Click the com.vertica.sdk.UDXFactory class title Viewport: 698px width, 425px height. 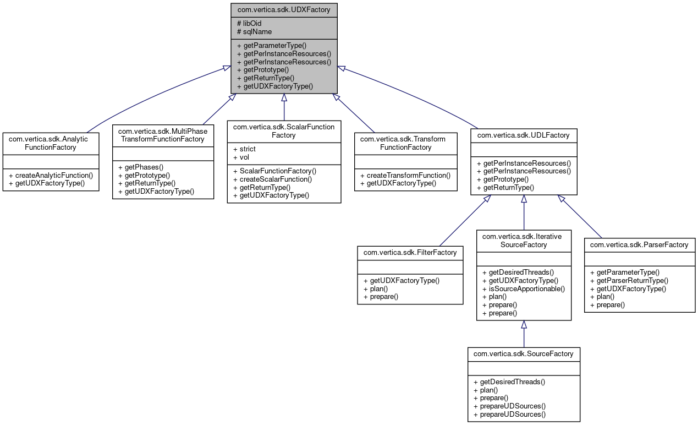(x=284, y=10)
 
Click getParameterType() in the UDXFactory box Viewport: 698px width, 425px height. (x=272, y=46)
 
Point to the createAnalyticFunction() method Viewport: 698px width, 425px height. (x=51, y=175)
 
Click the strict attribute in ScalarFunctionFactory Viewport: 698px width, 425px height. (x=244, y=149)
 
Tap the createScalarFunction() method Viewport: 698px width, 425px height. (x=272, y=179)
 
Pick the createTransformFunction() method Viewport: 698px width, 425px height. (x=405, y=175)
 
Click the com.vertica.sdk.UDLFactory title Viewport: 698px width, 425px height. (x=523, y=135)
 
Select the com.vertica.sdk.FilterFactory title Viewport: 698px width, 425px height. (x=410, y=252)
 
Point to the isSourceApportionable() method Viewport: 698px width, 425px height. (x=523, y=288)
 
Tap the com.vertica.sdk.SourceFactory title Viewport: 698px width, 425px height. (x=523, y=353)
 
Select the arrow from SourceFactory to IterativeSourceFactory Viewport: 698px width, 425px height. (x=524, y=334)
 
